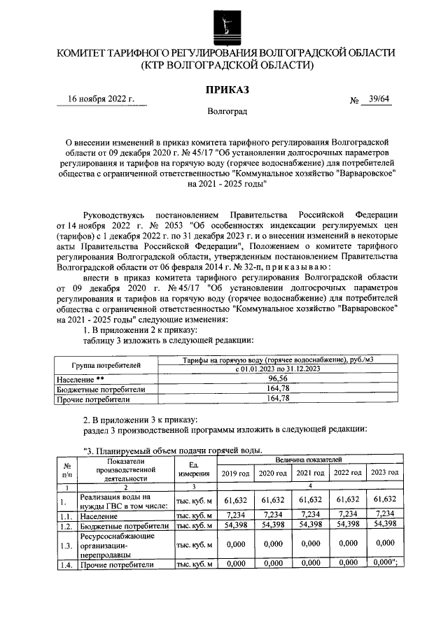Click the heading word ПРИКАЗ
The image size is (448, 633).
click(226, 90)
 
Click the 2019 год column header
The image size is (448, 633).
click(234, 474)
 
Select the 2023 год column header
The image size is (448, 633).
click(385, 474)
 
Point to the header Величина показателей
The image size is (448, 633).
click(309, 460)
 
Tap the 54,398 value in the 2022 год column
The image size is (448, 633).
click(347, 525)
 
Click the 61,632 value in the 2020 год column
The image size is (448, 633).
click(272, 499)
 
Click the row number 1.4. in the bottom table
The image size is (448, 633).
click(66, 564)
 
